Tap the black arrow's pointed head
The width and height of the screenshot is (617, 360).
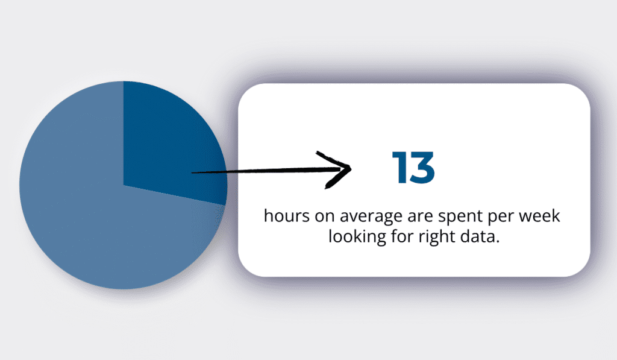point(348,169)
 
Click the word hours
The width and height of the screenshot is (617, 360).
point(284,216)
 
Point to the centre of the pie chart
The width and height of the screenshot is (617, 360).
point(124,185)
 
